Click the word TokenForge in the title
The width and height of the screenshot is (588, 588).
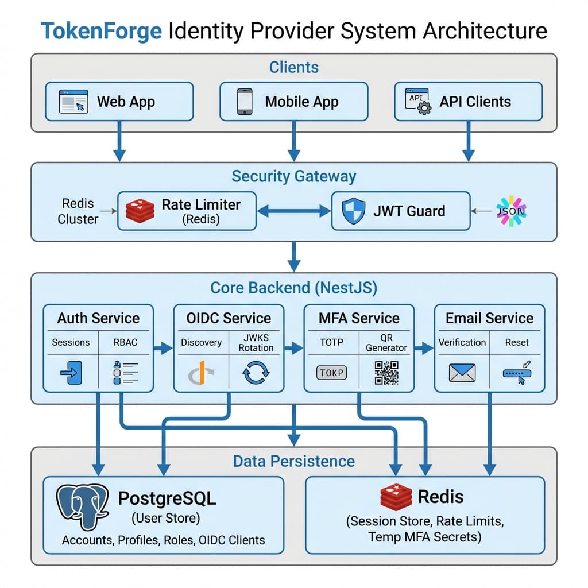click(101, 30)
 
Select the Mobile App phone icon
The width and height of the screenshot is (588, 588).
click(245, 102)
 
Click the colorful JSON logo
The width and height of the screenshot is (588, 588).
click(510, 211)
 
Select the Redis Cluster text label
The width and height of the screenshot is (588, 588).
click(78, 211)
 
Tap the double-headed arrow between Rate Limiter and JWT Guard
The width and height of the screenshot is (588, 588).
click(294, 211)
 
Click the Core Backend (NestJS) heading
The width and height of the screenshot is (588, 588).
click(293, 288)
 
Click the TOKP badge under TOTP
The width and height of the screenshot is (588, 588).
click(332, 373)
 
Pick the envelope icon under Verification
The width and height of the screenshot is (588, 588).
click(462, 373)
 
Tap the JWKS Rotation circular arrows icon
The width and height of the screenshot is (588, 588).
click(256, 373)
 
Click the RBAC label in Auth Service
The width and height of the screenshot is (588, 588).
click(126, 342)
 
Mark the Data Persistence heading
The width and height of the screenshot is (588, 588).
click(293, 461)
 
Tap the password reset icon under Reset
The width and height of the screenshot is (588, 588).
click(517, 372)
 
